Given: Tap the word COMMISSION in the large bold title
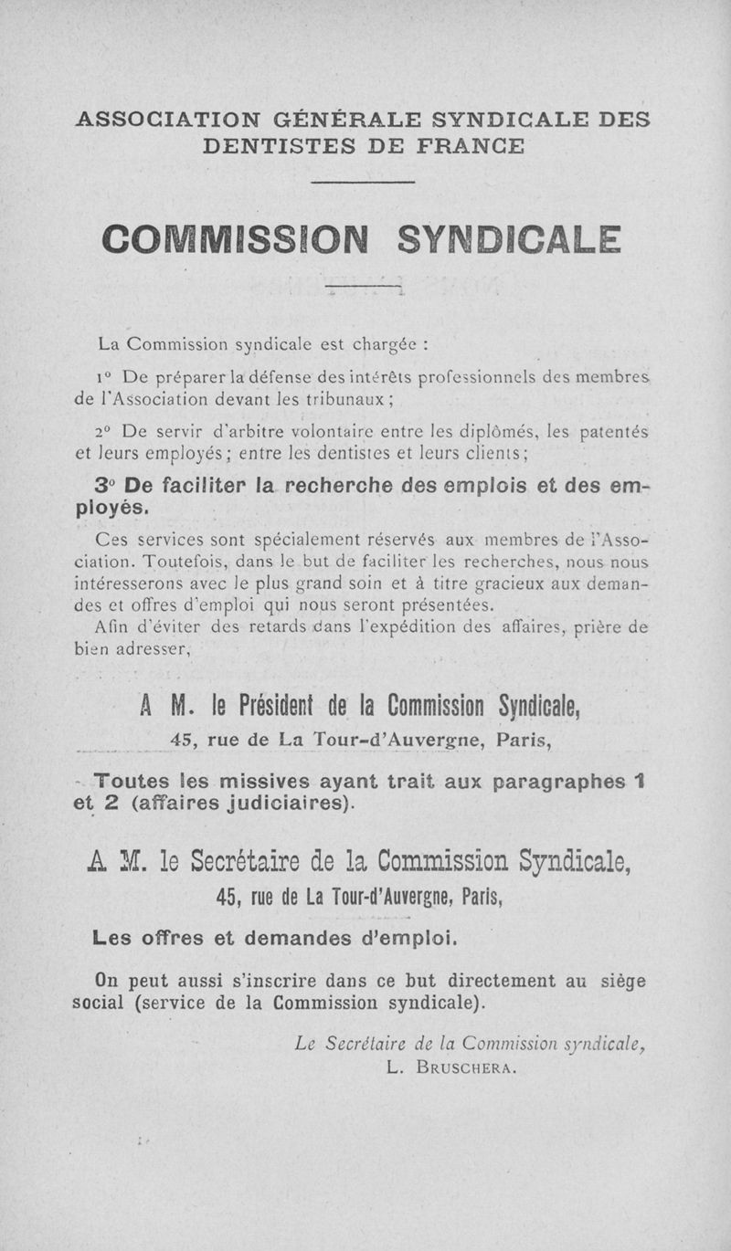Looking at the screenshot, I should click(235, 241).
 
